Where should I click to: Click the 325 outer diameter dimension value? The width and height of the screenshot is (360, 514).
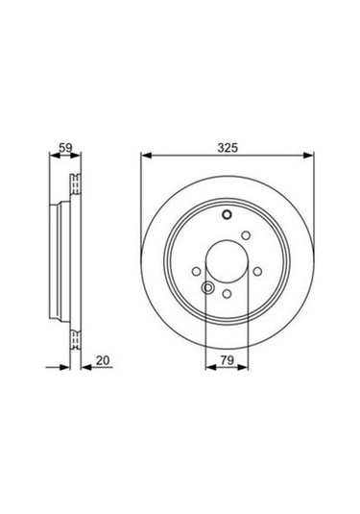point(228,148)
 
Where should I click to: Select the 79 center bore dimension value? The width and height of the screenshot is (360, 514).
point(228,360)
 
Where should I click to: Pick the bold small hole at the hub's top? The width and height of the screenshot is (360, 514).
point(228,215)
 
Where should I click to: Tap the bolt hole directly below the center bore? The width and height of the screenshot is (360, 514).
point(228,293)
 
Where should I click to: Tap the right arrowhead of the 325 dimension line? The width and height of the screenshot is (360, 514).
point(308,156)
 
